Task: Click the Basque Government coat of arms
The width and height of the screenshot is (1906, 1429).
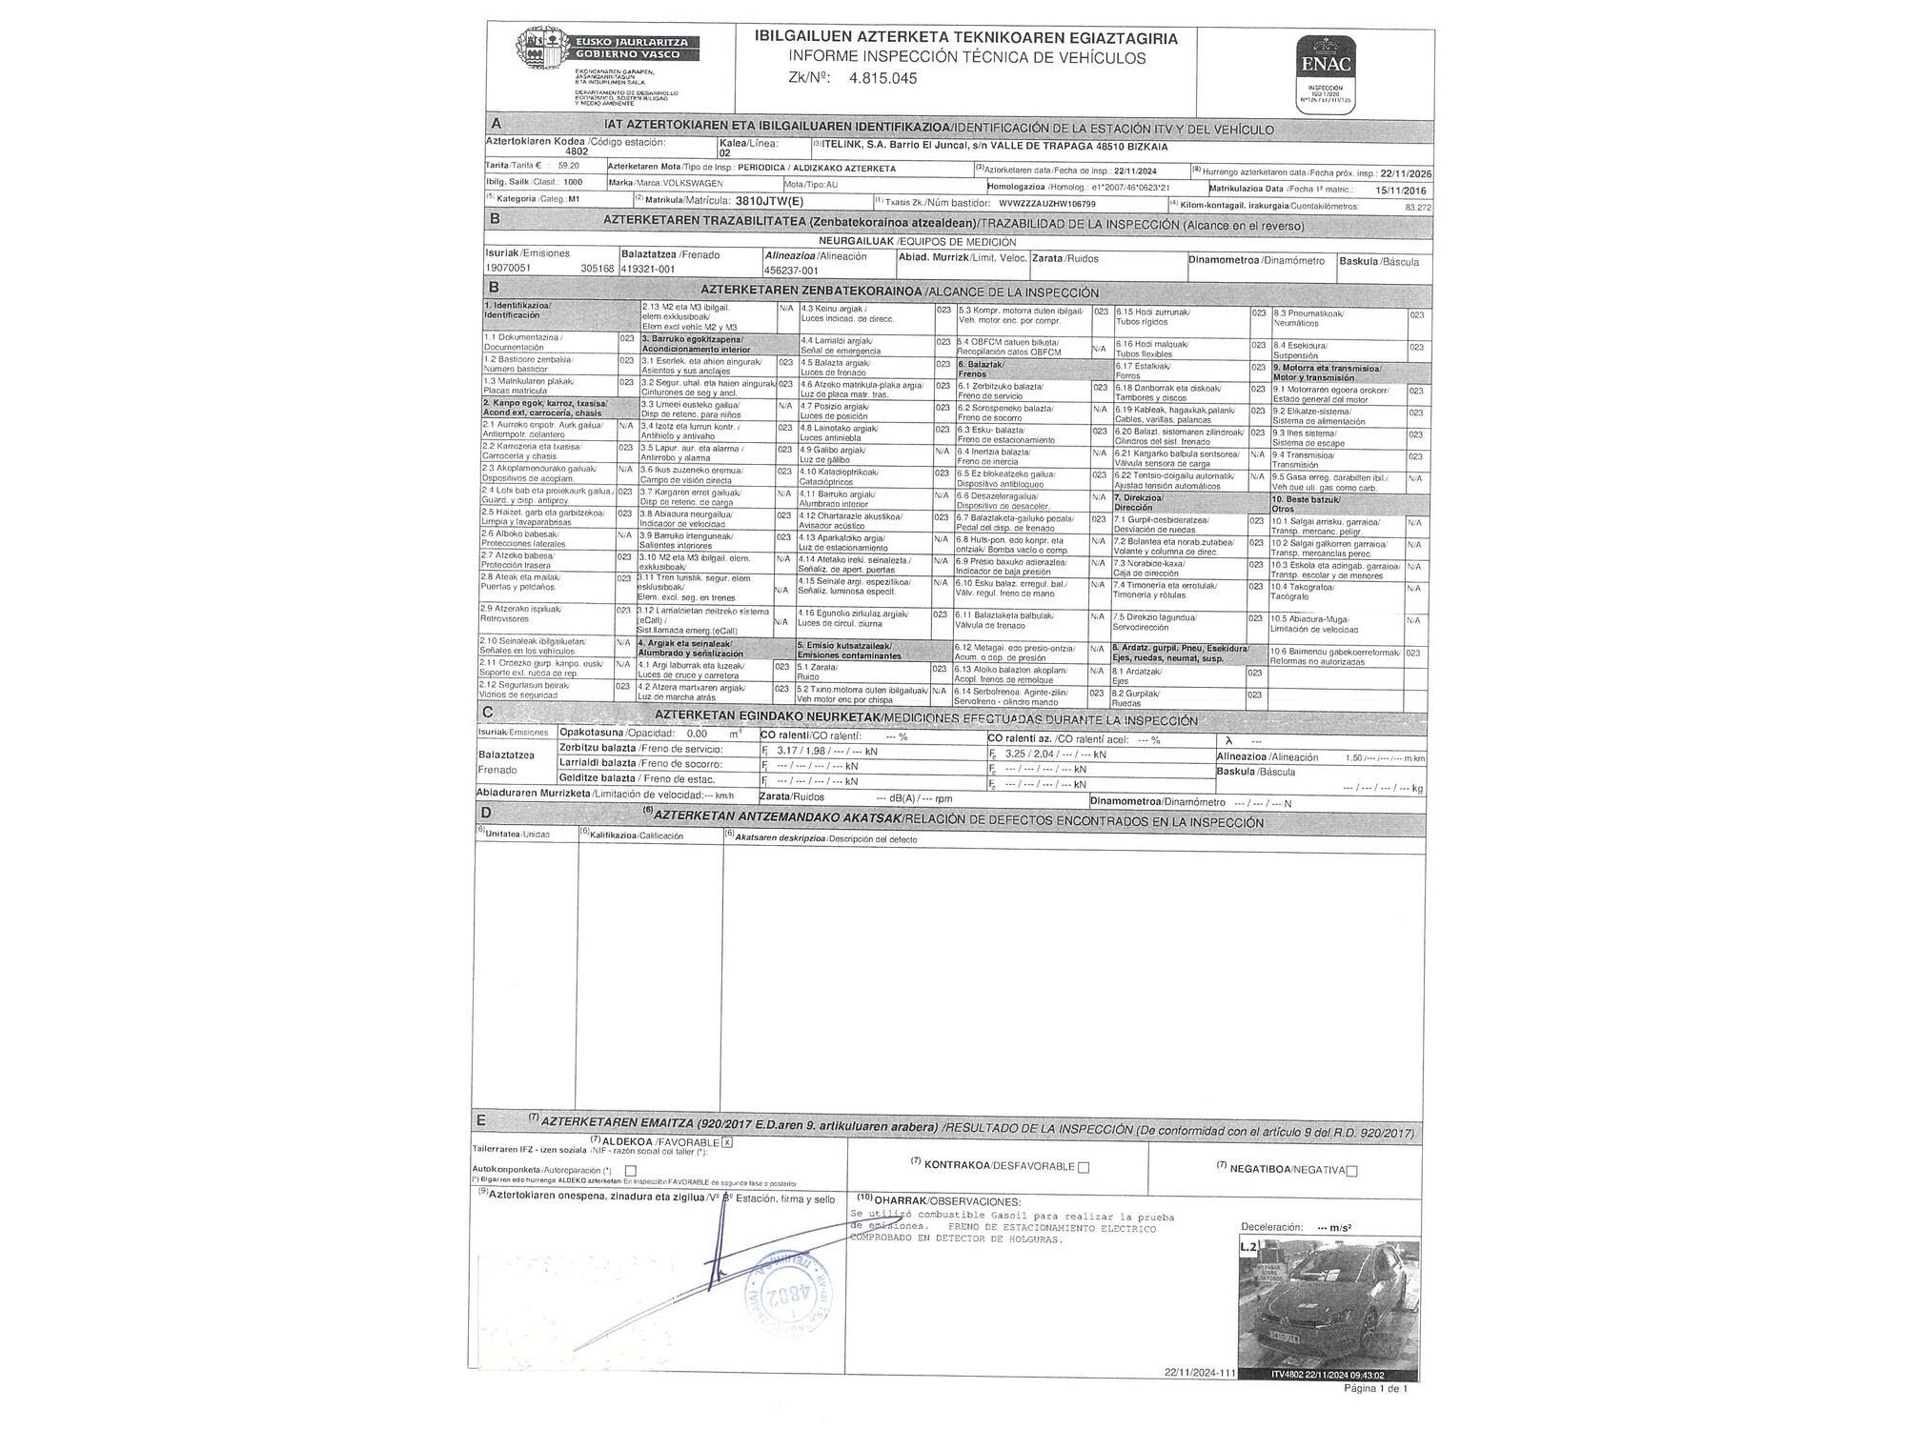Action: coord(542,47)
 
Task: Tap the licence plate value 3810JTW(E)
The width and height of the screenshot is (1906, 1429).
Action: coord(770,201)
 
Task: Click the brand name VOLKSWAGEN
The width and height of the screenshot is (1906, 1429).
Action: coord(679,183)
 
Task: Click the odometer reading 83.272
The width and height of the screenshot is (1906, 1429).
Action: coord(1417,207)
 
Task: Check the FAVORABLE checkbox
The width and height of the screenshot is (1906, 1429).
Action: coord(726,1141)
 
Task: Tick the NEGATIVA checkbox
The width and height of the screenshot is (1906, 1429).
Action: coord(1352,1171)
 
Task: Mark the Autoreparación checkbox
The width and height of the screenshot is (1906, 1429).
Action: coord(630,1171)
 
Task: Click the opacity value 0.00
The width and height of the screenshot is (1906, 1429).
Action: coord(697,734)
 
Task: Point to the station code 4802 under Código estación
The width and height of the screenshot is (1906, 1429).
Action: coord(577,151)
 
